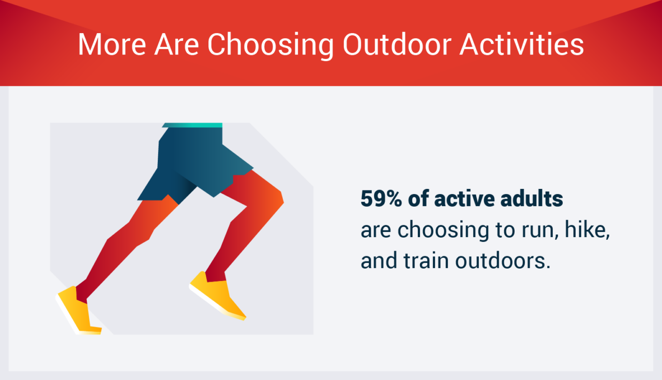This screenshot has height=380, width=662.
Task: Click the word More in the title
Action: pos(112,45)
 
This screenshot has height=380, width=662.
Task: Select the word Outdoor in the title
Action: pos(397,44)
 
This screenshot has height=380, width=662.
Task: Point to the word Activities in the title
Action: pos(522,44)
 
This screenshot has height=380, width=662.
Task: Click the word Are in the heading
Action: pos(176,45)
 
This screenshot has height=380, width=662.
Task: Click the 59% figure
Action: pos(381,198)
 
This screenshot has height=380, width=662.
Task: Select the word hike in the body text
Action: pos(587,230)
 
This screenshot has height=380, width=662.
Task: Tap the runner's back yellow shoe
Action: pos(79,311)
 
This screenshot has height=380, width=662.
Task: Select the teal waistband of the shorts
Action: pos(192,125)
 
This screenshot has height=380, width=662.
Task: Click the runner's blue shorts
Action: pos(195,163)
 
